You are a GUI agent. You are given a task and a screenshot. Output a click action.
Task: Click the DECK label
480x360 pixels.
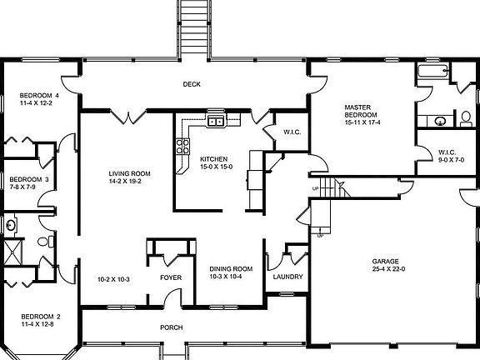click(x=192, y=84)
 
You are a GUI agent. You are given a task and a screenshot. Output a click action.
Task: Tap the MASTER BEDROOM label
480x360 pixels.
click(x=362, y=107)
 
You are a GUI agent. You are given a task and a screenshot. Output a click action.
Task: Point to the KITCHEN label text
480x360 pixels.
click(x=216, y=158)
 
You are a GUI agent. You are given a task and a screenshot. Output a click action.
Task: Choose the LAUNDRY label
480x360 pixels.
click(x=287, y=277)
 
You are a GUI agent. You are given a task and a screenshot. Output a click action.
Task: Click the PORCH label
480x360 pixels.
click(x=171, y=327)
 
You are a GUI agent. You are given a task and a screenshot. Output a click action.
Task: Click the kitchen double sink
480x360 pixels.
click(x=216, y=122)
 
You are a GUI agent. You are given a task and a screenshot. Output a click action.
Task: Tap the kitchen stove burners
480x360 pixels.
click(x=181, y=148)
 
